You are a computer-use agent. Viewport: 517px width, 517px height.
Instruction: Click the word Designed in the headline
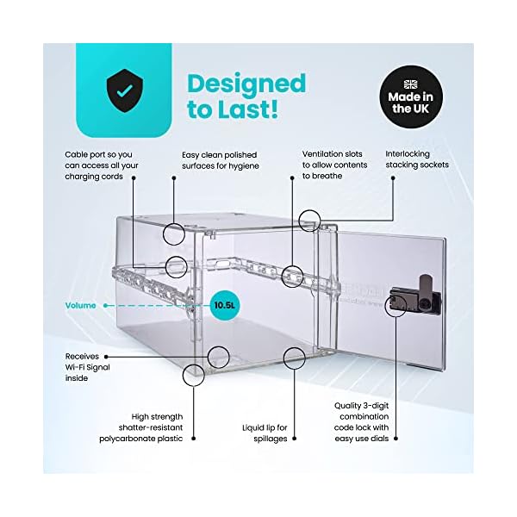(246, 84)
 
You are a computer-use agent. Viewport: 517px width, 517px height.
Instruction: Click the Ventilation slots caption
(334, 165)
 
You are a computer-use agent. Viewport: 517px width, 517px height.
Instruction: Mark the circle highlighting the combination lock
(397, 303)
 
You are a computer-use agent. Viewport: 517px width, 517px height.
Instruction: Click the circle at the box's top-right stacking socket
(310, 220)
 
